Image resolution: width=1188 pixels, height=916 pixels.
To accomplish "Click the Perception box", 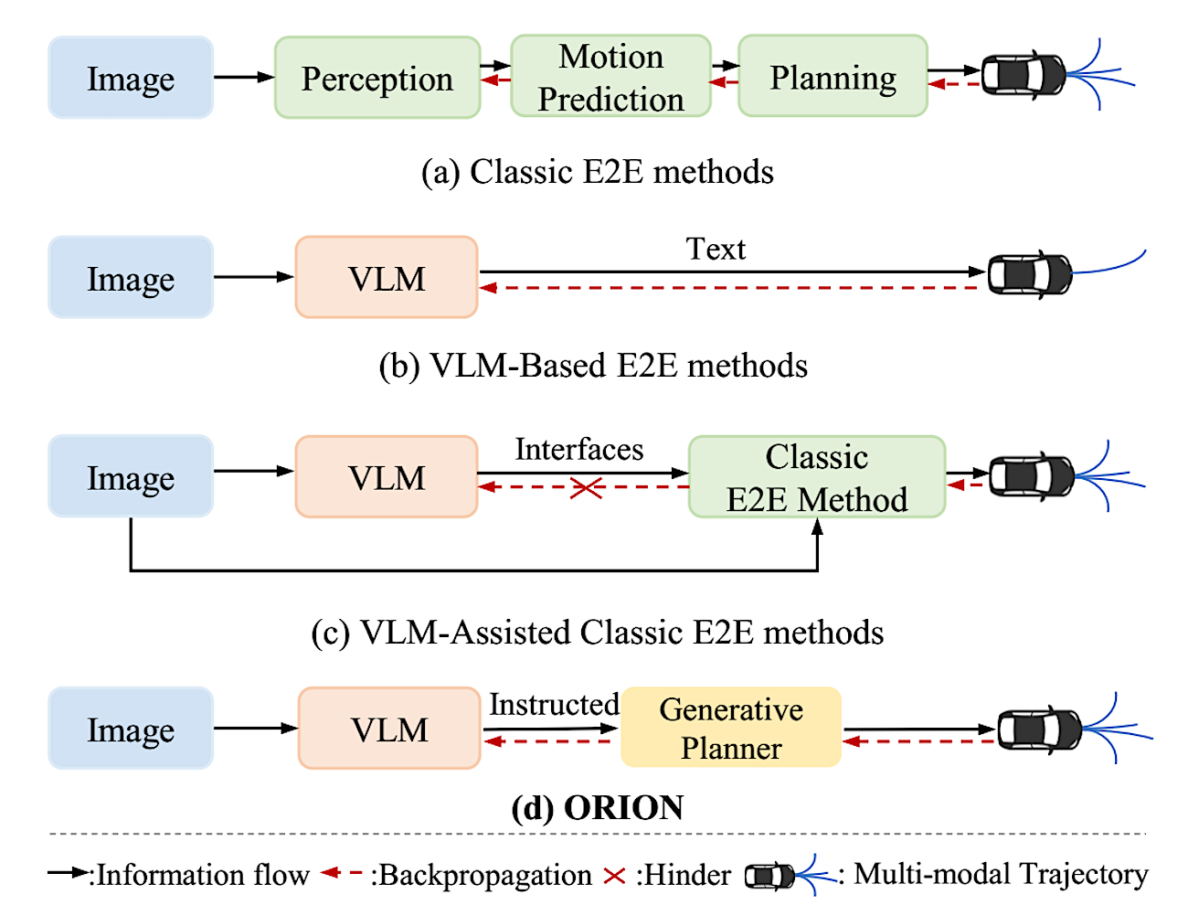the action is [x=377, y=78].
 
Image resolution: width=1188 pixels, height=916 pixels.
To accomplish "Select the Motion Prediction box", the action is [x=610, y=76].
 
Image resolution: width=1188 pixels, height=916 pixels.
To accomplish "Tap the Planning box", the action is [x=833, y=76].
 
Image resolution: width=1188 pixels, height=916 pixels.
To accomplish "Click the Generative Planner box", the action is [x=731, y=728].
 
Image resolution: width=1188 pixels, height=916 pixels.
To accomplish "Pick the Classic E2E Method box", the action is [x=817, y=476].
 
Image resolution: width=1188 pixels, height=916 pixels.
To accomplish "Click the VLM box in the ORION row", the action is [x=389, y=728].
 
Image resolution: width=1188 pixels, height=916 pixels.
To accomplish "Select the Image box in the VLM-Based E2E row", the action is [x=131, y=277].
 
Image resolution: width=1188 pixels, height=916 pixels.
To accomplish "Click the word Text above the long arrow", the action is [x=716, y=249].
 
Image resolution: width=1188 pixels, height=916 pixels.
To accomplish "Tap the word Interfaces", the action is [x=579, y=449].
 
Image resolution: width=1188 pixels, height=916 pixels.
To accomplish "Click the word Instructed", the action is [x=554, y=704].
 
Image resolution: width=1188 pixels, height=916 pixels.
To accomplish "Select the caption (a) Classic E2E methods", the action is [x=597, y=172].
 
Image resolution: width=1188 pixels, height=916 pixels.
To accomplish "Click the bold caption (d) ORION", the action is [x=597, y=807].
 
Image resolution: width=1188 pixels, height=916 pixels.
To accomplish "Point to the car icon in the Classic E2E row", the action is [x=1024, y=75].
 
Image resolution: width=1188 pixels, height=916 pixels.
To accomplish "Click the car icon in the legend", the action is [x=769, y=876].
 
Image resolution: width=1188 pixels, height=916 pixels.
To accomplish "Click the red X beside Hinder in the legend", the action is [x=614, y=876].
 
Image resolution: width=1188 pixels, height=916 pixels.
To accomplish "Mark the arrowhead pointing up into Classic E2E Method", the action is [x=817, y=526].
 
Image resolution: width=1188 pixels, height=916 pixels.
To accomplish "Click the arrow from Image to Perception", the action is [x=244, y=77].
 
